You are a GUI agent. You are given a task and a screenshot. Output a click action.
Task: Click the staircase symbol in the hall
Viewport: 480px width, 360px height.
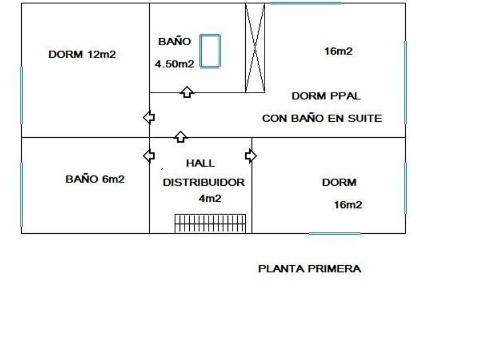click(210, 224)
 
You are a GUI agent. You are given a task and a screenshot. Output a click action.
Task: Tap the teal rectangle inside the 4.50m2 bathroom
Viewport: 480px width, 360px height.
click(210, 51)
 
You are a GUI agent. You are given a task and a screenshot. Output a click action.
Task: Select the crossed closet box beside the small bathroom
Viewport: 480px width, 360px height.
click(255, 48)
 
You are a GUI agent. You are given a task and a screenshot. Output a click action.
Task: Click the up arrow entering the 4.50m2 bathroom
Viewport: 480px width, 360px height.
click(187, 92)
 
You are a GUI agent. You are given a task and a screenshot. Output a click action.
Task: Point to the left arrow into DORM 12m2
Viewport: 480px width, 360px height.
click(149, 117)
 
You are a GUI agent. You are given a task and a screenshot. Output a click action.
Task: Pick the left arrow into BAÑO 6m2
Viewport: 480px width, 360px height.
click(149, 155)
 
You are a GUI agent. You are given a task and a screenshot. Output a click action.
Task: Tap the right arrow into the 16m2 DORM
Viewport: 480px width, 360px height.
click(251, 156)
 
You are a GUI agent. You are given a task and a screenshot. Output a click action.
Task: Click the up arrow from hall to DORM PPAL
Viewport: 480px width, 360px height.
click(181, 137)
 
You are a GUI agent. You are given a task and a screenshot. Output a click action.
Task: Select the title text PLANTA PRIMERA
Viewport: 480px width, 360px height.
click(310, 269)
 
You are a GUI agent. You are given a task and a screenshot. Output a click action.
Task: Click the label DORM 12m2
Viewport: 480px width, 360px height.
click(82, 54)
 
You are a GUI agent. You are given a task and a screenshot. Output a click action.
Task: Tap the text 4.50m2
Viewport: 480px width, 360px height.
click(174, 64)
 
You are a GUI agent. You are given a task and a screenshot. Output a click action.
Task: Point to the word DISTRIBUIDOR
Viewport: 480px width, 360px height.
click(203, 182)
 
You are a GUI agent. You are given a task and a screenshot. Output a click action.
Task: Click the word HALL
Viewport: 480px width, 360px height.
click(201, 163)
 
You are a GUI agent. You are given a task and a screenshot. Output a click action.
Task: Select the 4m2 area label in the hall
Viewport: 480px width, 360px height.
click(210, 199)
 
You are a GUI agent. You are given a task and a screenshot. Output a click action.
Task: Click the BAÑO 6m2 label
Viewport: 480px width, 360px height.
click(95, 179)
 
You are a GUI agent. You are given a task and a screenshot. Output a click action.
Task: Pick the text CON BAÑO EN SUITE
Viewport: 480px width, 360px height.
click(322, 118)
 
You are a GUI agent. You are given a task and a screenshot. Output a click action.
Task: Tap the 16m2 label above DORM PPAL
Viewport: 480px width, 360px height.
click(338, 51)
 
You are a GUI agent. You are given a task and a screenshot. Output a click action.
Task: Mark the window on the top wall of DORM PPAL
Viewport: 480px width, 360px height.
click(306, 3)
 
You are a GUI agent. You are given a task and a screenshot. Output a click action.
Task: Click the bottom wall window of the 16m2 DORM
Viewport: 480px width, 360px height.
click(335, 234)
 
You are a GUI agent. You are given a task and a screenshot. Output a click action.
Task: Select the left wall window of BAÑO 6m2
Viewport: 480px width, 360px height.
click(22, 195)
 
